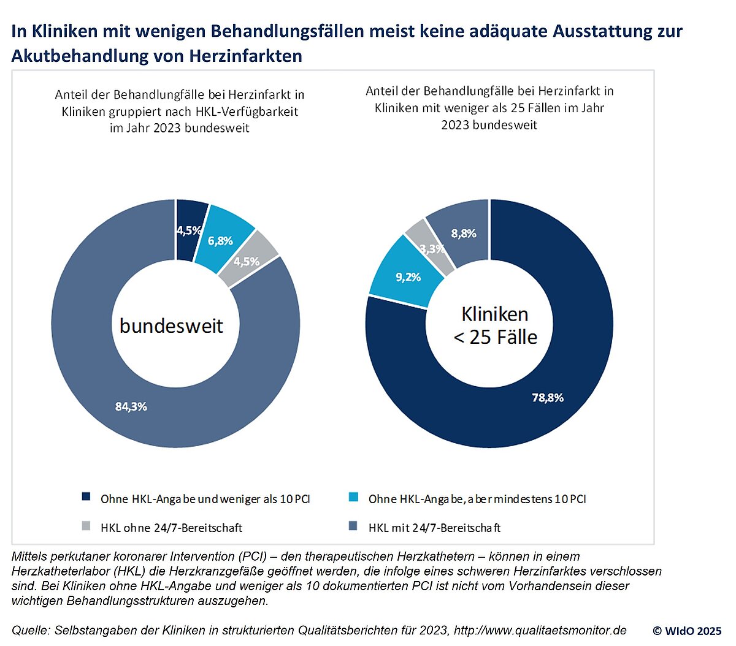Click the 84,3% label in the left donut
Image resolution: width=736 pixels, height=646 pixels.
point(131,406)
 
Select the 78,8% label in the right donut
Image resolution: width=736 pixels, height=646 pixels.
point(547,398)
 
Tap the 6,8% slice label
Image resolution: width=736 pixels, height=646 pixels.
point(220,241)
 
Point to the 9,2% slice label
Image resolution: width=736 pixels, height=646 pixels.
point(408,277)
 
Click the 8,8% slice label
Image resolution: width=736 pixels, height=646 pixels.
point(464,234)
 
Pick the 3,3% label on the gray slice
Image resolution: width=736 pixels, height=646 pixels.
point(432,249)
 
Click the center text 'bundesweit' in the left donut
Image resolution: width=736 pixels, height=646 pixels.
point(171,325)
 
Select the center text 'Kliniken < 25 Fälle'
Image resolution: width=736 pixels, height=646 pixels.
point(495,325)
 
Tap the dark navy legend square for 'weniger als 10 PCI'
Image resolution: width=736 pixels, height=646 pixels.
point(86,496)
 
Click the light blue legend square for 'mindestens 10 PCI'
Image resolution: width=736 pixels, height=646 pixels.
point(353,496)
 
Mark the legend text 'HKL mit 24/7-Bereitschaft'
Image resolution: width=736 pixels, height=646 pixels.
point(434,527)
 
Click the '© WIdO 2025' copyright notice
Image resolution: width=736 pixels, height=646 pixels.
point(687,631)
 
